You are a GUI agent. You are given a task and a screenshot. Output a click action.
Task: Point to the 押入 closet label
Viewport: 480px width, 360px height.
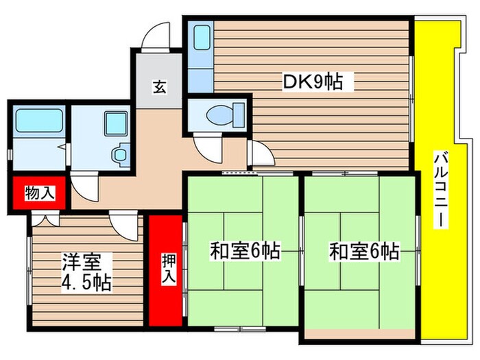tap(167, 269)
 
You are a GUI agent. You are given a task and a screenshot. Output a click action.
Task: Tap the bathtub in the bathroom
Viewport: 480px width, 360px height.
tap(39, 123)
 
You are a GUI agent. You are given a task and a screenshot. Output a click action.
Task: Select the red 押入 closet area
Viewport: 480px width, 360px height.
tap(167, 270)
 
